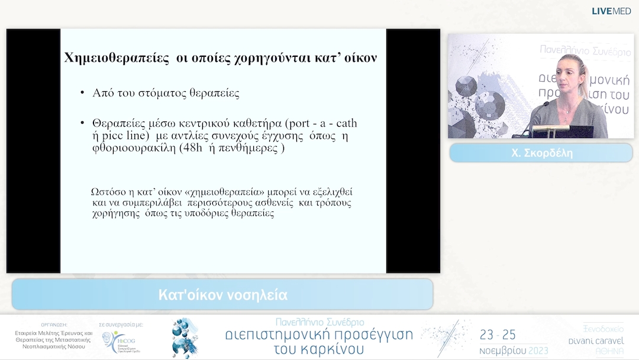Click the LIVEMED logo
click(611, 11)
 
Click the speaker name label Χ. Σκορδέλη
click(541, 153)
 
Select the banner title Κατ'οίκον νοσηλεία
click(222, 295)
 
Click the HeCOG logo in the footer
click(121, 342)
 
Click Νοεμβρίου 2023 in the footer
click(513, 350)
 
